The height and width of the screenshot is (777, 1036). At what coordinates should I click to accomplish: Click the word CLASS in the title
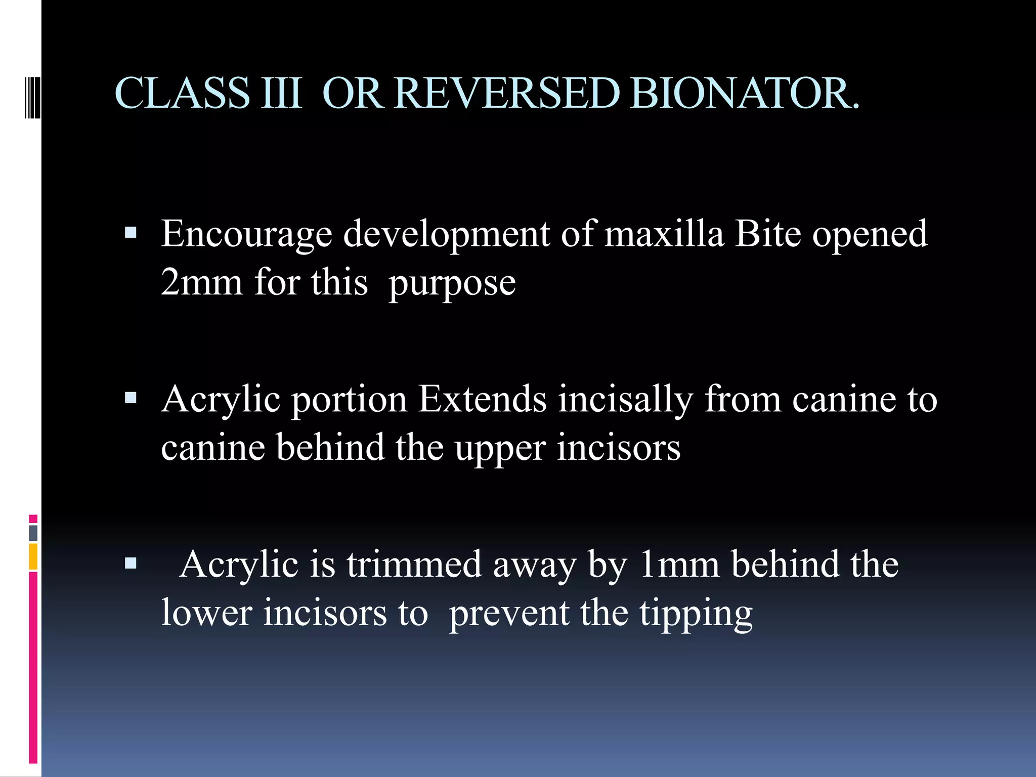[x=182, y=93]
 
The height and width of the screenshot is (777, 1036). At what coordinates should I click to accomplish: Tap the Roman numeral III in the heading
[x=281, y=93]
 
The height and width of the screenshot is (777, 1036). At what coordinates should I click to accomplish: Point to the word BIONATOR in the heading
[x=744, y=93]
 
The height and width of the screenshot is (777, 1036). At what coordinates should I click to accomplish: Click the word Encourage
[x=246, y=235]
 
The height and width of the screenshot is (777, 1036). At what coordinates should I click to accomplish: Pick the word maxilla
[x=664, y=234]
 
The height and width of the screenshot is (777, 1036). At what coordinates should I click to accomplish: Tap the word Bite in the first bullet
[x=767, y=234]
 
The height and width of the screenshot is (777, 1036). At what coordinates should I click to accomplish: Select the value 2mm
[x=201, y=282]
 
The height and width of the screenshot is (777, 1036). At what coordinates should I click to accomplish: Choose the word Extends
[x=483, y=399]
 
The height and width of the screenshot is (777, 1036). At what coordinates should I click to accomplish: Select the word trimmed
[x=414, y=565]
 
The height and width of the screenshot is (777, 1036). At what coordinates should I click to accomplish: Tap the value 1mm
[x=679, y=565]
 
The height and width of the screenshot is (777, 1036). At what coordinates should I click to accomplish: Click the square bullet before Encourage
[x=131, y=233]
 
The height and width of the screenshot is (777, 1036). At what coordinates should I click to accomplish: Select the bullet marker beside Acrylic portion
[x=131, y=398]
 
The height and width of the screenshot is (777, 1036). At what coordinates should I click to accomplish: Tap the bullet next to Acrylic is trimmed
[x=131, y=563]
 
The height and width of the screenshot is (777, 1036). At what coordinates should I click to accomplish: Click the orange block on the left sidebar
[x=33, y=556]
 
